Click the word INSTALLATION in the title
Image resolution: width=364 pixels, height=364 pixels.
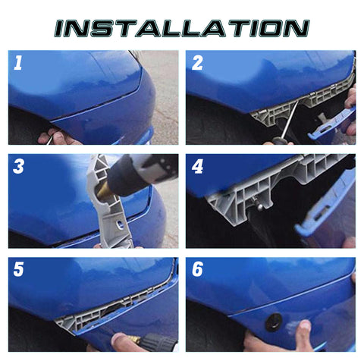[x=182, y=28]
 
